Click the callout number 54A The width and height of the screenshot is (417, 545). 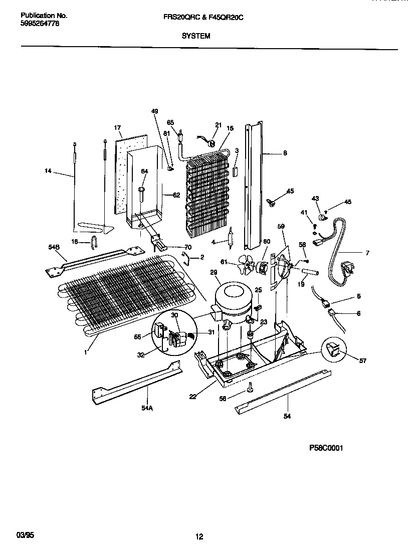pos(146,408)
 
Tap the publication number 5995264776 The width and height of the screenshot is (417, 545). pos(40,23)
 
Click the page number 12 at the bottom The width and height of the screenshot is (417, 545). pos(199,536)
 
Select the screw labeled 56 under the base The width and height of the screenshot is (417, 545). pos(249,387)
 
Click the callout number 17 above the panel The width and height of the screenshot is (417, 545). pos(118,128)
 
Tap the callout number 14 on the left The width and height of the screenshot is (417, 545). pos(48,171)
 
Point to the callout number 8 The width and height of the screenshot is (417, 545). pos(285,154)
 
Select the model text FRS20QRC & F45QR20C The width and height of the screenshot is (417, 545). pos(218,17)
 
